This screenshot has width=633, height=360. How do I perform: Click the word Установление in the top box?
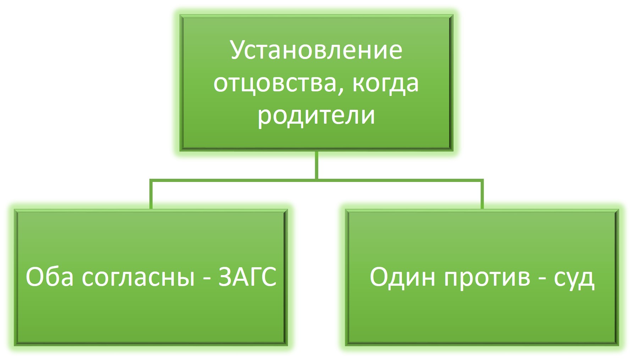tap(316, 51)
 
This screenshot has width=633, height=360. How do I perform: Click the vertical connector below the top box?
tap(316, 165)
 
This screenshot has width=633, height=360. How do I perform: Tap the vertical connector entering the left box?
tap(151, 194)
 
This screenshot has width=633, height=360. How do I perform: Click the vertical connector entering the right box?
tap(482, 194)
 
